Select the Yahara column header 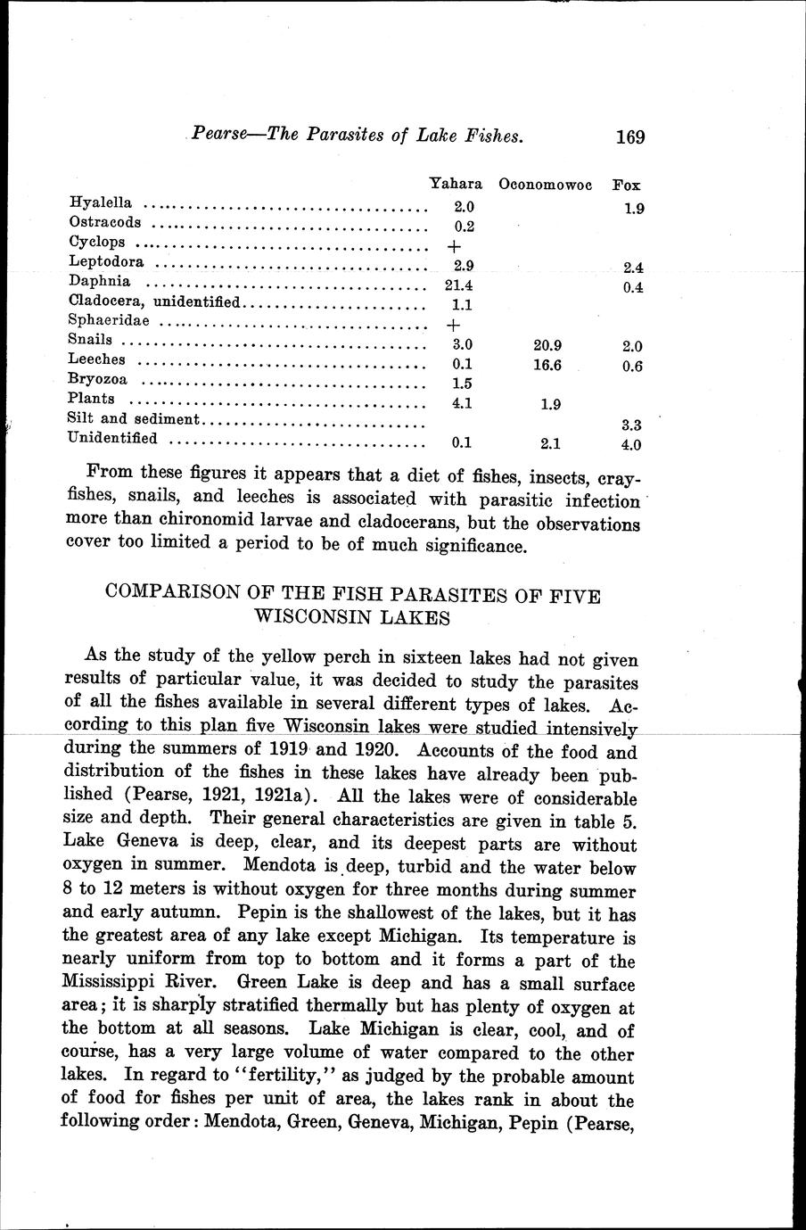pyautogui.click(x=456, y=185)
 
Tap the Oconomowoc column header pyautogui.click(x=546, y=186)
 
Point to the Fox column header pyautogui.click(x=627, y=186)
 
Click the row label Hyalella pyautogui.click(x=100, y=203)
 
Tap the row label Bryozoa pyautogui.click(x=97, y=380)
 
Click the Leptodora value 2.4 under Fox pyautogui.click(x=634, y=267)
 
